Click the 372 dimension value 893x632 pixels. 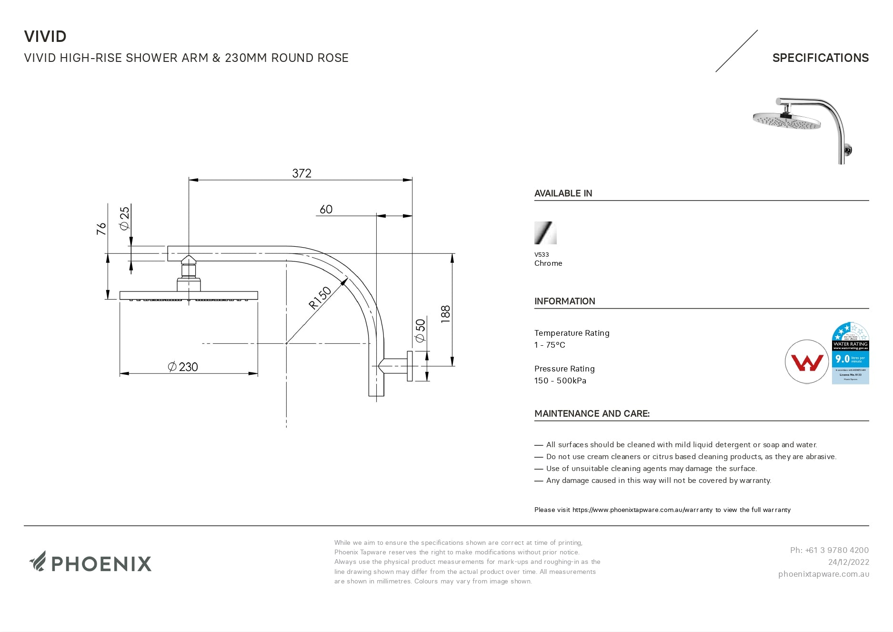(x=301, y=173)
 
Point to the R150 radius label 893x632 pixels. (x=320, y=298)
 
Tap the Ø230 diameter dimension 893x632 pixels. (x=183, y=367)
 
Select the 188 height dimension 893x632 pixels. (x=446, y=314)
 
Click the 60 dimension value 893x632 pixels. (x=326, y=210)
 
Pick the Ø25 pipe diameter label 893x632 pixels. (x=125, y=218)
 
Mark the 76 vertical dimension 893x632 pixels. (x=101, y=229)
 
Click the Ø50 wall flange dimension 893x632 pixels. (x=420, y=331)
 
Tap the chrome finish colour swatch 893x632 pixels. (x=545, y=233)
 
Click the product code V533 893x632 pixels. (x=542, y=254)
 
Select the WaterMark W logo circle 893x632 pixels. (x=806, y=362)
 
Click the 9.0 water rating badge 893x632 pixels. (x=850, y=353)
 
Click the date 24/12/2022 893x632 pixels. (x=848, y=562)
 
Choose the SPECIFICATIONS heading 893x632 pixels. (x=820, y=58)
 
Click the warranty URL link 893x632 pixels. (x=642, y=510)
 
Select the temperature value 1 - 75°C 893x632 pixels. (x=550, y=345)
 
